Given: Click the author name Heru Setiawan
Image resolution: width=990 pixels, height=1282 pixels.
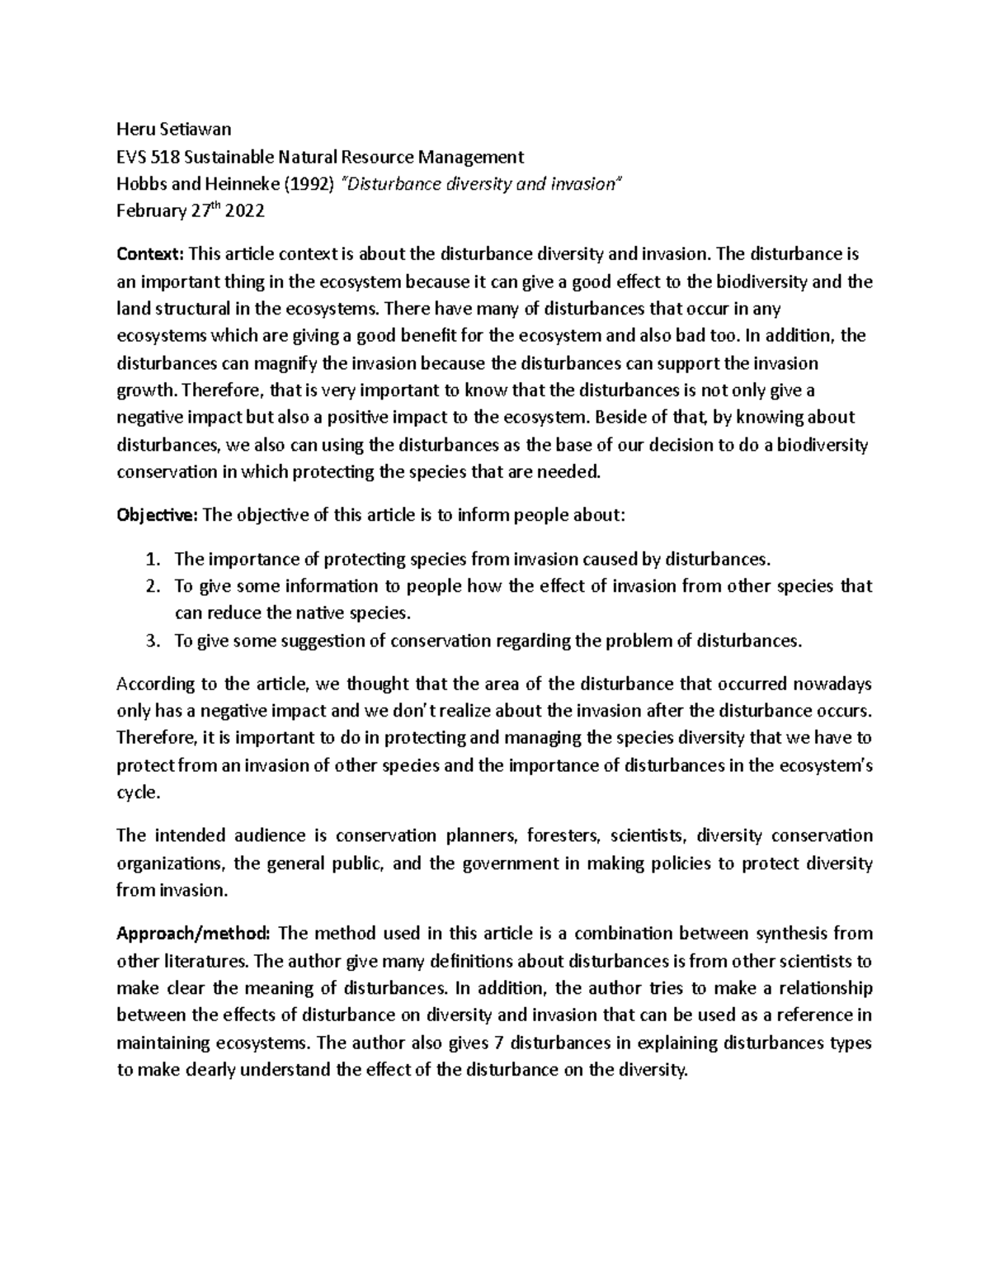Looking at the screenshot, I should [174, 129].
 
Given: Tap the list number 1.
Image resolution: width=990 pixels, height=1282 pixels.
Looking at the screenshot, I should [151, 560].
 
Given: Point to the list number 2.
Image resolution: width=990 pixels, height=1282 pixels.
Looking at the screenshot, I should [151, 587].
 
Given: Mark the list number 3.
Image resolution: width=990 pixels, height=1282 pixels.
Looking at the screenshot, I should [151, 641].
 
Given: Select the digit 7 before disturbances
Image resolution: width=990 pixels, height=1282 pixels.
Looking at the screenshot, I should [497, 1043].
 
